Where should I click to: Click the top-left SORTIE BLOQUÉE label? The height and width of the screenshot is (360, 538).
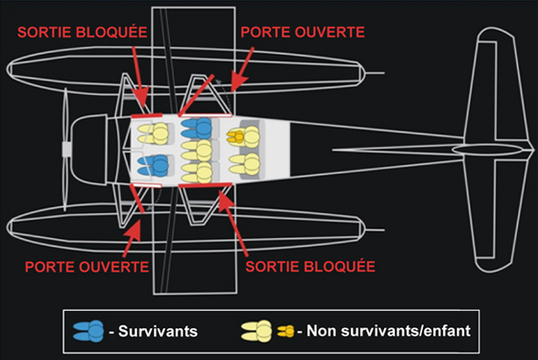pyautogui.click(x=82, y=32)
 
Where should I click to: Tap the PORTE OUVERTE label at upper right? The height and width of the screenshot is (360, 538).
pyautogui.click(x=303, y=32)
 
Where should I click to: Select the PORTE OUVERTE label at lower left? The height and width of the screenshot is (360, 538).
pyautogui.click(x=87, y=267)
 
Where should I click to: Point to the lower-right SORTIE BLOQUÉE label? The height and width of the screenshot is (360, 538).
pyautogui.click(x=310, y=266)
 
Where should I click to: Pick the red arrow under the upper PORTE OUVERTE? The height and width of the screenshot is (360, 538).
pyautogui.click(x=243, y=69)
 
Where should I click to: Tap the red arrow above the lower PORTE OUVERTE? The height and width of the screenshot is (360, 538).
pyautogui.click(x=131, y=238)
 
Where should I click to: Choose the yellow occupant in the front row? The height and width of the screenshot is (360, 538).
pyautogui.click(x=153, y=134)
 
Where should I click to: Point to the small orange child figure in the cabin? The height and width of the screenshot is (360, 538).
pyautogui.click(x=235, y=137)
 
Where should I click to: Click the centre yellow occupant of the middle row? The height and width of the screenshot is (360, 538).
pyautogui.click(x=197, y=150)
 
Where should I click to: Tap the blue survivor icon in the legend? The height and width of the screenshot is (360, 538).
pyautogui.click(x=88, y=331)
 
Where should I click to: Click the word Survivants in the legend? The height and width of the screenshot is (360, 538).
pyautogui.click(x=158, y=331)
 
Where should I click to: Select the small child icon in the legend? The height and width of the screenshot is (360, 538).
pyautogui.click(x=285, y=331)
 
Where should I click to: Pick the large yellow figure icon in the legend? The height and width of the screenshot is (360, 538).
pyautogui.click(x=256, y=331)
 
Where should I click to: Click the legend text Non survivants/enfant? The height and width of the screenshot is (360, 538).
pyautogui.click(x=388, y=331)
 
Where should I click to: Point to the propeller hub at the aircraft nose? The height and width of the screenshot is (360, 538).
pyautogui.click(x=67, y=149)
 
